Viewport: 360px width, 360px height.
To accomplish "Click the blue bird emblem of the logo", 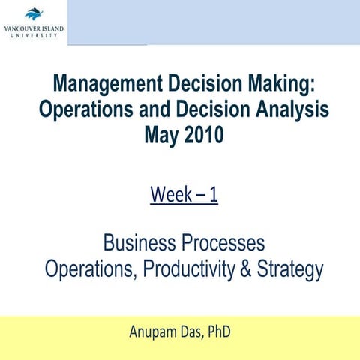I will (34, 13).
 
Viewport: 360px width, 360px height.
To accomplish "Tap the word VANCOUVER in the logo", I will (22, 28).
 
